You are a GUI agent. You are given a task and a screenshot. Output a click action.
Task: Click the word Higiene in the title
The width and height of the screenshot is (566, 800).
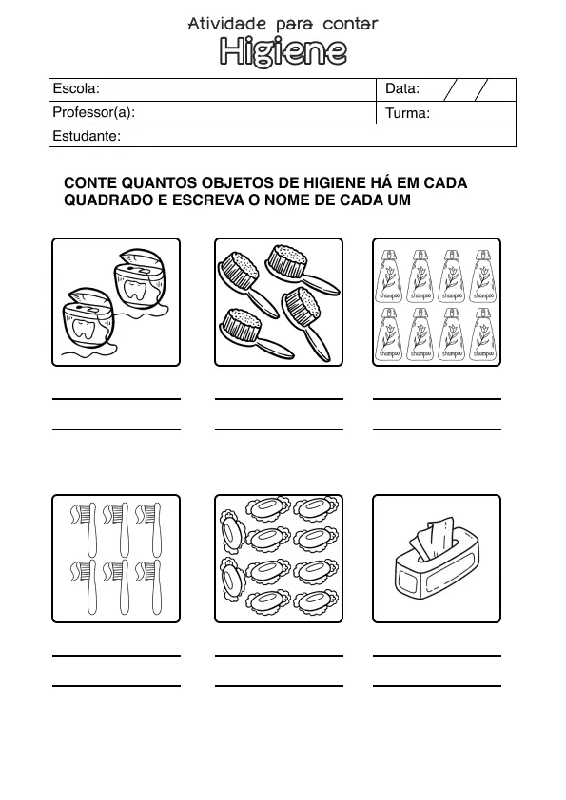point(283,52)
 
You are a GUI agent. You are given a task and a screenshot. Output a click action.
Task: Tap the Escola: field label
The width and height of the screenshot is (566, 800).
point(76,88)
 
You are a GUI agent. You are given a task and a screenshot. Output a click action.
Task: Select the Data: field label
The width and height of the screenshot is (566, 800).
point(402,88)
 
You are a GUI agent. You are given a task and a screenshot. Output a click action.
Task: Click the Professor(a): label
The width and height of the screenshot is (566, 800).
point(94,112)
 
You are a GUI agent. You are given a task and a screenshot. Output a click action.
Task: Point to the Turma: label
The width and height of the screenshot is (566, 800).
point(408,113)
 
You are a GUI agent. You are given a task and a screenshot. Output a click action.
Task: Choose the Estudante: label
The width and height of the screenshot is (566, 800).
point(87,136)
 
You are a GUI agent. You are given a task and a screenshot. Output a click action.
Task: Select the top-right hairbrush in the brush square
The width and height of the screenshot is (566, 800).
point(294,267)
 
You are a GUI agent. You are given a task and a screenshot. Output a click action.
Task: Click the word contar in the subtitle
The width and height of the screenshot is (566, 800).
point(349,23)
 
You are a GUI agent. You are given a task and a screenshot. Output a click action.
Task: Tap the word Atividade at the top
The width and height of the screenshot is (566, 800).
point(227,23)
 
